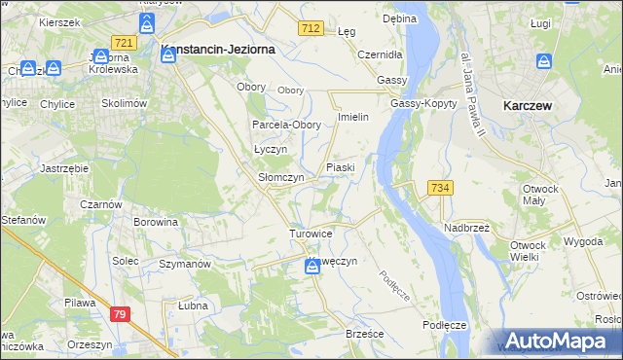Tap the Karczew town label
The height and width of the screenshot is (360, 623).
click(x=529, y=104)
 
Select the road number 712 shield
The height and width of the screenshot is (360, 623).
click(x=311, y=30)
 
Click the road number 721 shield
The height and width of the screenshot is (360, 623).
click(x=123, y=43)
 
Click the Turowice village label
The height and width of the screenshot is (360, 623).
click(x=311, y=234)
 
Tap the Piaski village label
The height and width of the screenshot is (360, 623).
click(x=340, y=167)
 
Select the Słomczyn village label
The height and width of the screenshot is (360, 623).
click(x=280, y=178)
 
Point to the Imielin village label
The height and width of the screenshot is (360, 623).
click(x=351, y=118)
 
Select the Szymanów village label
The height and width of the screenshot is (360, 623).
click(x=185, y=265)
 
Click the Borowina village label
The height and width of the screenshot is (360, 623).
click(x=156, y=222)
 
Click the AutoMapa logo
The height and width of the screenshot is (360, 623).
click(x=557, y=341)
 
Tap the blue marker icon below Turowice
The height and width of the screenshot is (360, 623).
click(x=312, y=266)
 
